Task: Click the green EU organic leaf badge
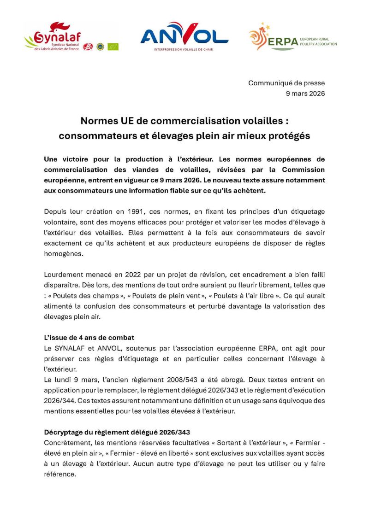tap(113, 47)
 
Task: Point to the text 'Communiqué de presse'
tap(286, 83)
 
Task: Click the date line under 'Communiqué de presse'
tap(305, 94)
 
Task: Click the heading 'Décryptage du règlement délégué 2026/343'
tap(117, 432)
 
